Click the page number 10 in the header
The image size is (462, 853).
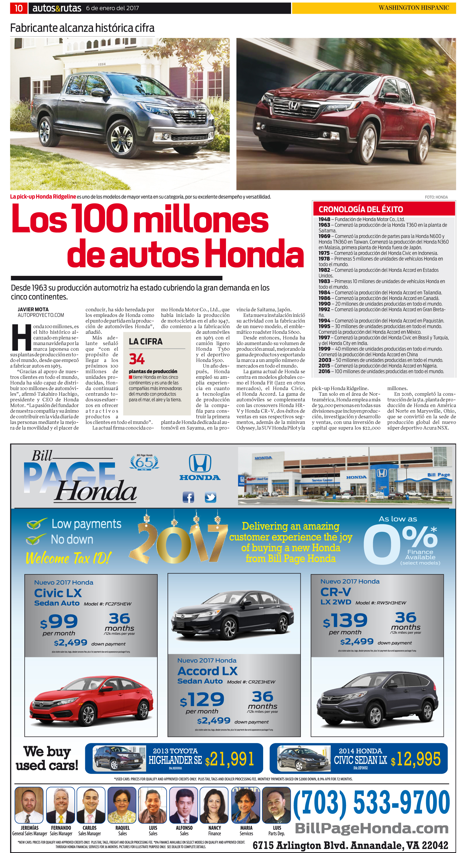(18, 8)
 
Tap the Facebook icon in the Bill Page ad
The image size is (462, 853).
(188, 497)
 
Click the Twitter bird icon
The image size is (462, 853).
(210, 497)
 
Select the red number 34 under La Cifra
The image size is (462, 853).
(137, 359)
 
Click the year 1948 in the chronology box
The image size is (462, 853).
(324, 219)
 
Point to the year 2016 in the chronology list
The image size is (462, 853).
(324, 371)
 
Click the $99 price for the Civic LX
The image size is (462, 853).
(59, 622)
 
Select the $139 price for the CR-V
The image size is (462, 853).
(345, 621)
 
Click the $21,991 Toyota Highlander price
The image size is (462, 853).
(230, 759)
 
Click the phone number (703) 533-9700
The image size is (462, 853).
(371, 802)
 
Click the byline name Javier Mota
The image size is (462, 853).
(33, 309)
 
